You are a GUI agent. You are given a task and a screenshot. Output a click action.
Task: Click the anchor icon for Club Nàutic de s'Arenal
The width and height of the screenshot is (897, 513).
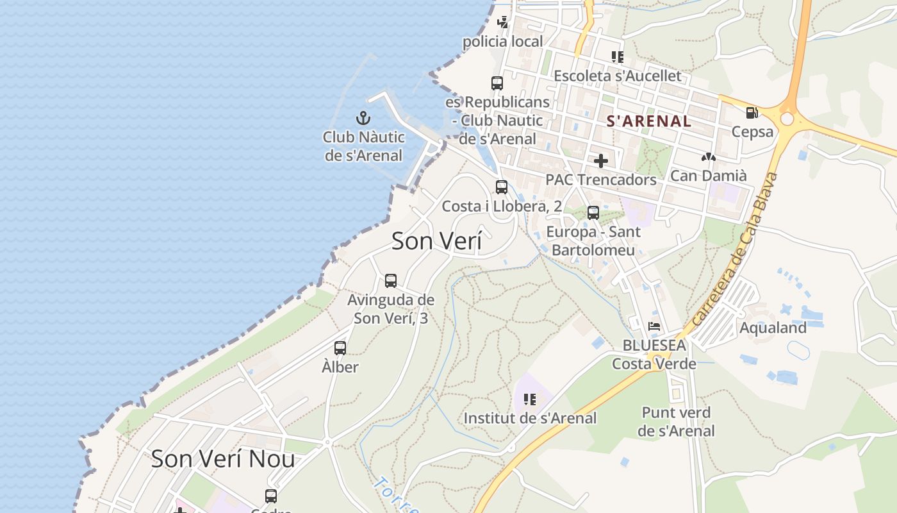363,118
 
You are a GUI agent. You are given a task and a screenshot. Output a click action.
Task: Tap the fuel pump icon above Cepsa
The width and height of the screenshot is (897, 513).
752,113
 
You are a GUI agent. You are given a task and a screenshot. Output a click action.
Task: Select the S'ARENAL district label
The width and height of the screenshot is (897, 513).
648,121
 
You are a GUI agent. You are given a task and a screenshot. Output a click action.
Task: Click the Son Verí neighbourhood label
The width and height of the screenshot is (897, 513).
436,241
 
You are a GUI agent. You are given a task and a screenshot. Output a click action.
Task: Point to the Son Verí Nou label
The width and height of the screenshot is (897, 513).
223,458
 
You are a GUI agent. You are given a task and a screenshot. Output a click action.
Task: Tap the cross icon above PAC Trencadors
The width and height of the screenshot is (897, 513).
601,160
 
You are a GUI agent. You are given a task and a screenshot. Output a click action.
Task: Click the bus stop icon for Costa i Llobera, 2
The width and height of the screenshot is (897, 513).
502,187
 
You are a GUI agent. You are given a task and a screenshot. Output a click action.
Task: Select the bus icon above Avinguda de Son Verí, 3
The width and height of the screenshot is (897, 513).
391,281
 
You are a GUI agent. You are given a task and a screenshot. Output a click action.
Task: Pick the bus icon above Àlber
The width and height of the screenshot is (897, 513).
340,348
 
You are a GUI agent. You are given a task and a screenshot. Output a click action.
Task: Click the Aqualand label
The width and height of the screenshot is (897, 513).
773,328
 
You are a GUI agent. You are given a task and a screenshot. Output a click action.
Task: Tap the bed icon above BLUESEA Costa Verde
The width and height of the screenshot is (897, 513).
654,326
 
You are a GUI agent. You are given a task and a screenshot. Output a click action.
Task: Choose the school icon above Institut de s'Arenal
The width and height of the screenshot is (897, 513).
530,399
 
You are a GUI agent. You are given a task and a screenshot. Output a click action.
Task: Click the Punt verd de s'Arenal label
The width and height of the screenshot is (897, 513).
676,421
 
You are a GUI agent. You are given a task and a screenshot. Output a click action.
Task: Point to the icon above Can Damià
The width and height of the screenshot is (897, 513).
708,156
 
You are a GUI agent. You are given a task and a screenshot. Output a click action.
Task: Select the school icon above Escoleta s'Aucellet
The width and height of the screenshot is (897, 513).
617,57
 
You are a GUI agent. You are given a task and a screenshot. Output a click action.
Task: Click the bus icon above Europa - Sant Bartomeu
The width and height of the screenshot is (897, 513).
593,212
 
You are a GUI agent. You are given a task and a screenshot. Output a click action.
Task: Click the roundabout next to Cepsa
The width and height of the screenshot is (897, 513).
787,119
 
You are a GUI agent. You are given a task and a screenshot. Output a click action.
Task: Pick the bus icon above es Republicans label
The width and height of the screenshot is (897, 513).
497,83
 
